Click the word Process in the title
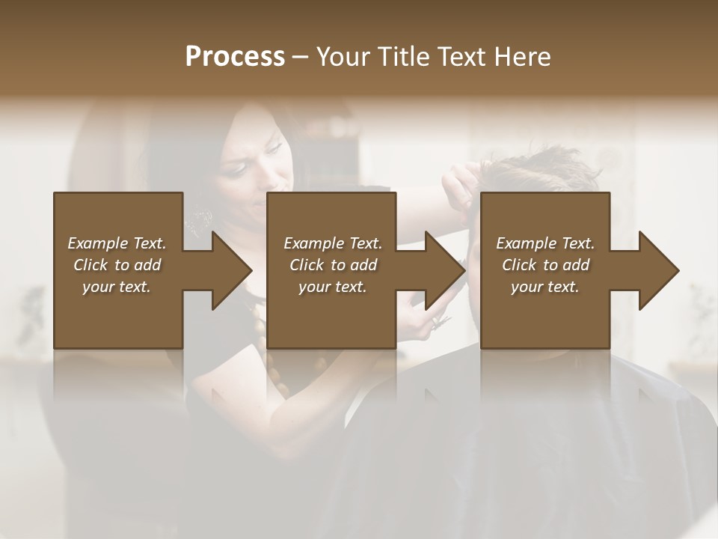coord(235,56)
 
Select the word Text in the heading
coord(461,56)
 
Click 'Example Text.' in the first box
coord(117,243)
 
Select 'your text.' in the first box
coord(117,287)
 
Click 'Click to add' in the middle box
coord(333,265)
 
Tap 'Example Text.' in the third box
coord(545,243)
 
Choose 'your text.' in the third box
coord(545,287)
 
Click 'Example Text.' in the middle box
coord(333,243)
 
